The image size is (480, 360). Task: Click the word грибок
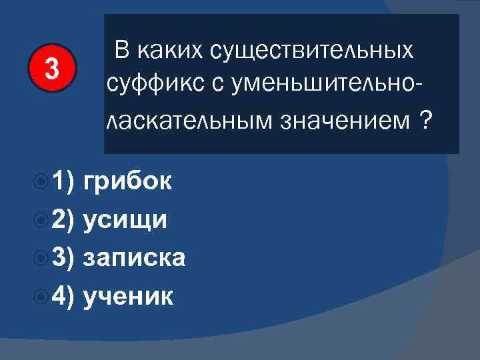click(x=128, y=181)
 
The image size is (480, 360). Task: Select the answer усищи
click(x=125, y=219)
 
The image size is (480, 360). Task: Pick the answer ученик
click(x=129, y=295)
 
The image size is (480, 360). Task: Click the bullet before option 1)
click(x=41, y=181)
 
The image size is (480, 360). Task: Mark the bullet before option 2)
click(x=41, y=219)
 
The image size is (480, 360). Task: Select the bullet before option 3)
click(x=41, y=257)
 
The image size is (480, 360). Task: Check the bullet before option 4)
click(x=41, y=295)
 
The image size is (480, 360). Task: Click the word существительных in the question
click(x=312, y=51)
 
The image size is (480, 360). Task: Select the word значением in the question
click(x=344, y=122)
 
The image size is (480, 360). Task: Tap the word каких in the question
click(x=171, y=51)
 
